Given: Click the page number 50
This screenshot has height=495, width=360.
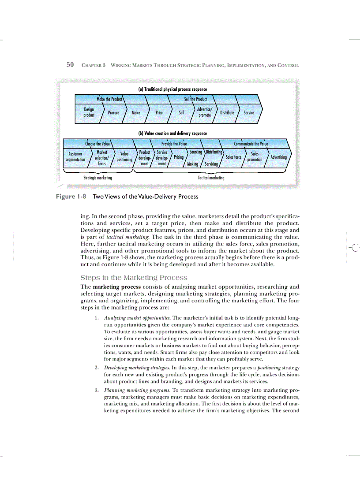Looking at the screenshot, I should tap(70, 65).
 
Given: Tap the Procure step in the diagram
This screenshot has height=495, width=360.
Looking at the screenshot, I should tap(113, 112).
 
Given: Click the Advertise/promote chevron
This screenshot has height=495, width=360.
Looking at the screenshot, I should tap(204, 112).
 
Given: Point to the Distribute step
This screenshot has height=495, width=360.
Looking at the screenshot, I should tap(227, 112).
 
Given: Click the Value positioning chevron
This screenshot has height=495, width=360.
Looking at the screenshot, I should tap(124, 157).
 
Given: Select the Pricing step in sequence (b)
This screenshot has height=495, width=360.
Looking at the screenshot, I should tap(179, 157).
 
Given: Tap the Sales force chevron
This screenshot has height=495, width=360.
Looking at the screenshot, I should tap(233, 157).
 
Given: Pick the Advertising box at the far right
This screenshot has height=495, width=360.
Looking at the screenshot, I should tap(278, 157).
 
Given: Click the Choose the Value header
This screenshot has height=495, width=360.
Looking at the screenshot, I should tap(97, 144).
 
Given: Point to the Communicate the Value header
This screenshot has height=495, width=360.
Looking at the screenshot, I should tap(251, 144).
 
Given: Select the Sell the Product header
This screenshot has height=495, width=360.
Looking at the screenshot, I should tap(195, 99).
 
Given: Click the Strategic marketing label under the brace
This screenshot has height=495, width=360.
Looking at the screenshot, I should tap(97, 178).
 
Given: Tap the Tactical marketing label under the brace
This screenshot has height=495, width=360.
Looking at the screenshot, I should tap(211, 178).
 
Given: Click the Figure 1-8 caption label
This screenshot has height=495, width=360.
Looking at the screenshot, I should tap(70, 197).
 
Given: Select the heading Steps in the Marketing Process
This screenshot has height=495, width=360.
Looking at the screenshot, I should tap(134, 278).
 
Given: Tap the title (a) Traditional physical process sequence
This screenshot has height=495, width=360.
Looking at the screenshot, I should tap(172, 89).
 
